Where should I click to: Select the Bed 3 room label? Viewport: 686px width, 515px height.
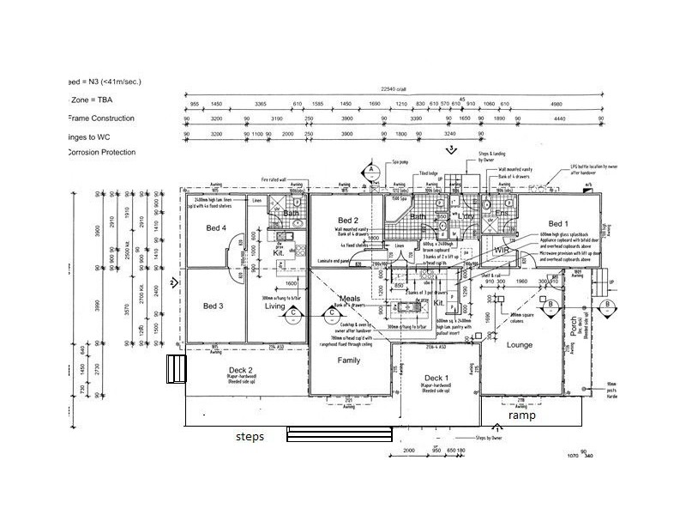point(214,306)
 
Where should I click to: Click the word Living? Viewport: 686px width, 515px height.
point(274,306)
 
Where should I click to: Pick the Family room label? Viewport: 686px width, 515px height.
point(348,360)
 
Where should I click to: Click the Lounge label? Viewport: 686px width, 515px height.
point(519,345)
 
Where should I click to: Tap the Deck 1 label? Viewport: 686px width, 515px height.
point(436,378)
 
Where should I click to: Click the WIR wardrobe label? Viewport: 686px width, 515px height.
point(502,250)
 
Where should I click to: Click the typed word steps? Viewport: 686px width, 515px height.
point(250,436)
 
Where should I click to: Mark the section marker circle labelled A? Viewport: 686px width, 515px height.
point(370,170)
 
